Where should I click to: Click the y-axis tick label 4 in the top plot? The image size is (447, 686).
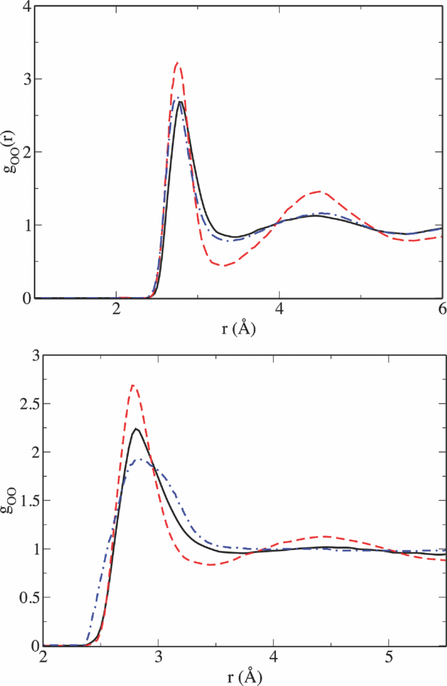(25, 7)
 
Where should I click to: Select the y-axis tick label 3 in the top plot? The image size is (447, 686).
(25, 79)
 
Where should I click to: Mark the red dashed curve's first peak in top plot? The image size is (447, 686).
(178, 63)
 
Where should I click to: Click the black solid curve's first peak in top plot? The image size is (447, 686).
(181, 102)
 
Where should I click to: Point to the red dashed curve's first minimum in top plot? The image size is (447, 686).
(223, 265)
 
